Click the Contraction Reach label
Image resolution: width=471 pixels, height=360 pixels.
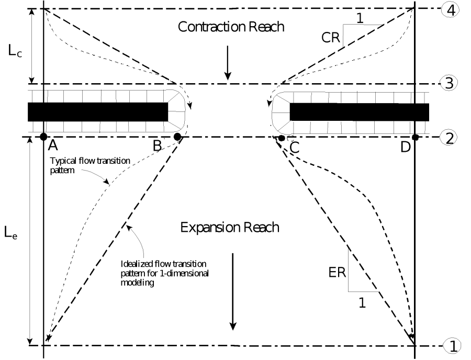[x=231, y=27]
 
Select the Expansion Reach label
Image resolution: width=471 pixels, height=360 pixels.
[x=230, y=228]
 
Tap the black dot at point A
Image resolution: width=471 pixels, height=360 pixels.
[x=42, y=137]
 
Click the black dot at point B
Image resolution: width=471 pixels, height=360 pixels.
[x=177, y=137]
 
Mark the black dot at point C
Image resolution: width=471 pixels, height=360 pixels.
[x=282, y=138]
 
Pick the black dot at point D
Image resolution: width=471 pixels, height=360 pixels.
[x=415, y=138]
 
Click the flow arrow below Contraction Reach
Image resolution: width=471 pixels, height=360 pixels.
[x=227, y=62]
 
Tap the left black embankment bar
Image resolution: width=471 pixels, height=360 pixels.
[x=97, y=111]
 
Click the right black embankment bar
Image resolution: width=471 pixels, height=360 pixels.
[x=359, y=111]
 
